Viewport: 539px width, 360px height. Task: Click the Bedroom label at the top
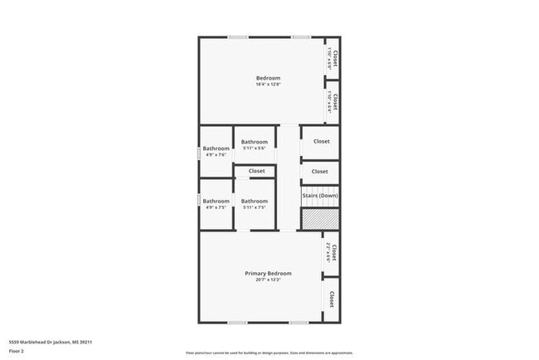click(x=268, y=78)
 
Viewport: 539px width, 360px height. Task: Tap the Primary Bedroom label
click(x=268, y=273)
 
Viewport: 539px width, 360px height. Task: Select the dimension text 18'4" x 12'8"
click(x=268, y=85)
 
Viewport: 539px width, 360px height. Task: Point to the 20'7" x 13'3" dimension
click(x=268, y=280)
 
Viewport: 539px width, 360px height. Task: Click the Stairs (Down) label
click(x=319, y=196)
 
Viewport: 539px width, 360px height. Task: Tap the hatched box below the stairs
click(x=319, y=219)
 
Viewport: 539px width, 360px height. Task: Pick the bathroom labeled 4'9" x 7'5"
click(x=216, y=204)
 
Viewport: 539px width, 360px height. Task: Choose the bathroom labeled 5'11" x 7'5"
click(x=255, y=204)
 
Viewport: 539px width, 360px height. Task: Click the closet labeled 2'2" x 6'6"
click(x=332, y=252)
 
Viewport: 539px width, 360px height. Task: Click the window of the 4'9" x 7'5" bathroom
click(x=199, y=200)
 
